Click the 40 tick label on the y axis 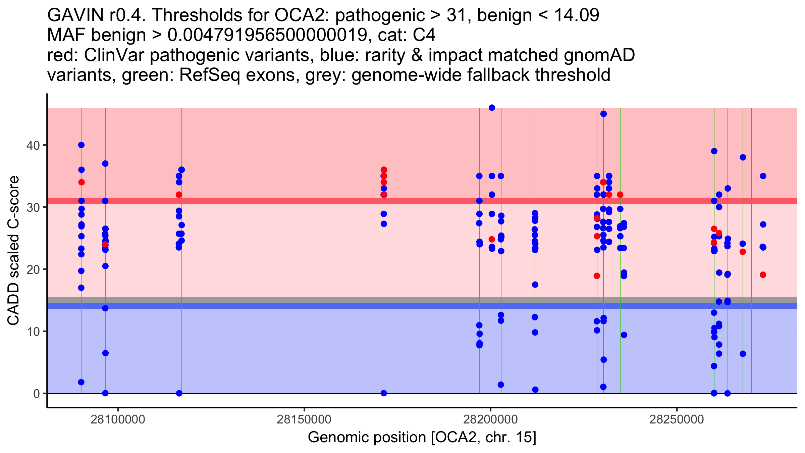34,145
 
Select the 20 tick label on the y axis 34,269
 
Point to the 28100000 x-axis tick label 118,419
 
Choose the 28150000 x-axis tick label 304,419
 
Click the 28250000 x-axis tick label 677,419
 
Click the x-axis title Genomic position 422,438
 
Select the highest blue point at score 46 492,108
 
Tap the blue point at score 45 603,114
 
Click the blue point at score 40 81,145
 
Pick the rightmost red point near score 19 763,275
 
